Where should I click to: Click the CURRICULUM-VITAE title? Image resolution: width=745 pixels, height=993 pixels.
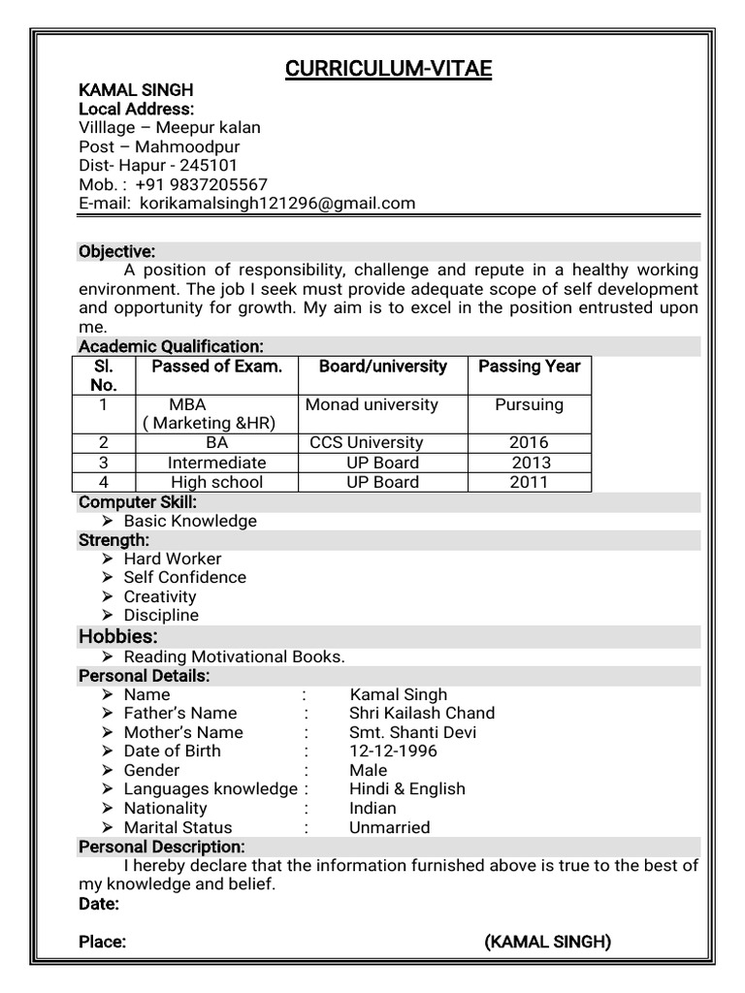click(388, 69)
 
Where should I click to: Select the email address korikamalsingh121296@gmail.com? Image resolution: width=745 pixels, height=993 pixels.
click(276, 204)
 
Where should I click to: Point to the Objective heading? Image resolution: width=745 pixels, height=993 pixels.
click(116, 252)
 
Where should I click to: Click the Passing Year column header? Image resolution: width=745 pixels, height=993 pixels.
click(530, 367)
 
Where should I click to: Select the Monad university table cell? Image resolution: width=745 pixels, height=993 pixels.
click(372, 404)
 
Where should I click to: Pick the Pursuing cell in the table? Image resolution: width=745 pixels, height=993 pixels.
click(529, 404)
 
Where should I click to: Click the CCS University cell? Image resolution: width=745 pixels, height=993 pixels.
click(367, 443)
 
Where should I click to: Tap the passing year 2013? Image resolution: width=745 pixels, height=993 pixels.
click(531, 463)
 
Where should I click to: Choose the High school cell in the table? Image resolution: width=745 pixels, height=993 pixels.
click(216, 482)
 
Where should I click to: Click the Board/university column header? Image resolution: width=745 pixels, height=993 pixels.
click(383, 367)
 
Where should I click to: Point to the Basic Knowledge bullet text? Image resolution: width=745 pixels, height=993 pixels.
click(190, 521)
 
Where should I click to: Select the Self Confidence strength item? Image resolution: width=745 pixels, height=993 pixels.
click(184, 577)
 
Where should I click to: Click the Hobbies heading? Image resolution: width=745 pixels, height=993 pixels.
click(117, 636)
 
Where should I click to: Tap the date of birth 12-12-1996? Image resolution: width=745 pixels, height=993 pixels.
click(393, 751)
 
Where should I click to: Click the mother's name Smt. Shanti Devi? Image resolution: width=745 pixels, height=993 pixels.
click(413, 732)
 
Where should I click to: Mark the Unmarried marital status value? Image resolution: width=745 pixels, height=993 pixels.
click(389, 827)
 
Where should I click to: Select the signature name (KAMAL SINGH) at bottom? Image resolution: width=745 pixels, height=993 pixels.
click(547, 942)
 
